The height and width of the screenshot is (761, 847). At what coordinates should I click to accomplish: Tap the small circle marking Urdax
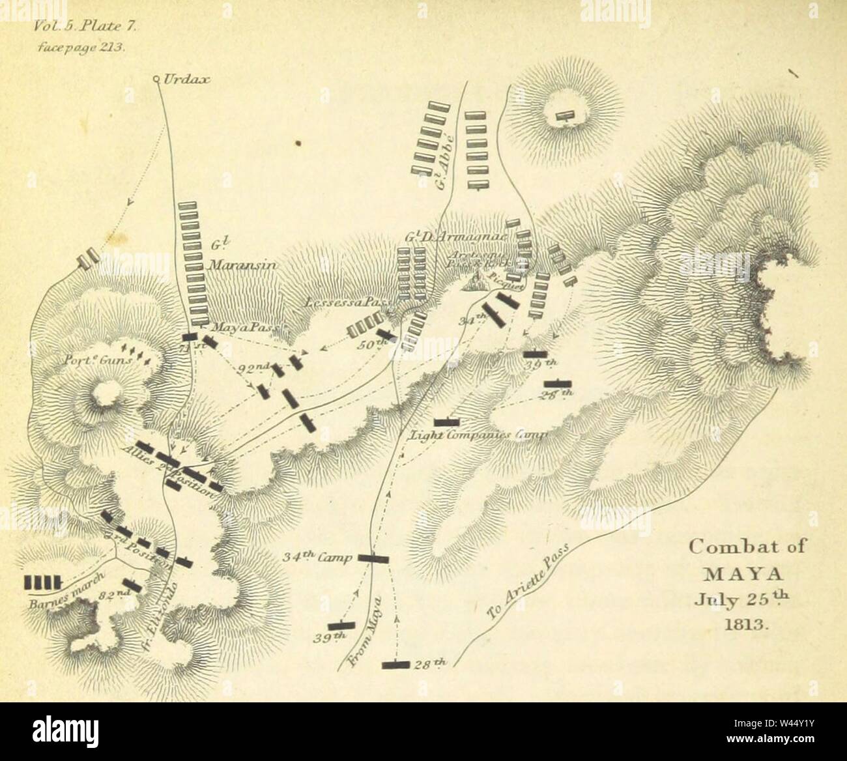[156, 79]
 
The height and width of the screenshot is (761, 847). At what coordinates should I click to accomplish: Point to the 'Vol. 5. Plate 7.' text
[82, 27]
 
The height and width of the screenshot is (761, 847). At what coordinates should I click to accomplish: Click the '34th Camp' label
[317, 558]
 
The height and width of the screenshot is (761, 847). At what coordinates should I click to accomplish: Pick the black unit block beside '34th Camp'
[373, 558]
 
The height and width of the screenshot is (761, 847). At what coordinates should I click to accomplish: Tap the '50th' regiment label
[369, 345]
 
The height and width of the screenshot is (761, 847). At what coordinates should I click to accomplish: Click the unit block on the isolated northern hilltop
[565, 117]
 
